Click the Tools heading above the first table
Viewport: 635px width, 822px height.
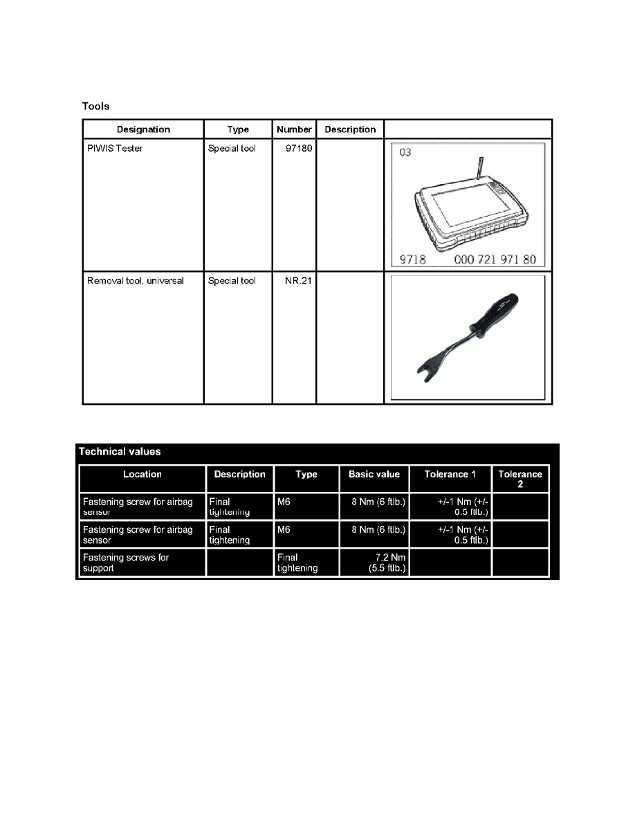[95, 107]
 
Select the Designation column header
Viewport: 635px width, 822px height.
[143, 129]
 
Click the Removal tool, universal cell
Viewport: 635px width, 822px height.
[136, 281]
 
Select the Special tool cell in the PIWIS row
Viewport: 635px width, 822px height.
[232, 149]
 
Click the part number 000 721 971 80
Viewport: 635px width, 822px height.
[499, 261]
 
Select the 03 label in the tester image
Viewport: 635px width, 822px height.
[405, 152]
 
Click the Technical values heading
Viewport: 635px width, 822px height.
[120, 452]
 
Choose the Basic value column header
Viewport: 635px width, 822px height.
[374, 475]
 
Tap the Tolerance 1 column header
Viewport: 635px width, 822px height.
[450, 475]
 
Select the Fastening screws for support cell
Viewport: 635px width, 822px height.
[125, 563]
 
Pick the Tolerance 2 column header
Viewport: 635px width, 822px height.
[520, 479]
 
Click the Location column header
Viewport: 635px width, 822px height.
[142, 475]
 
